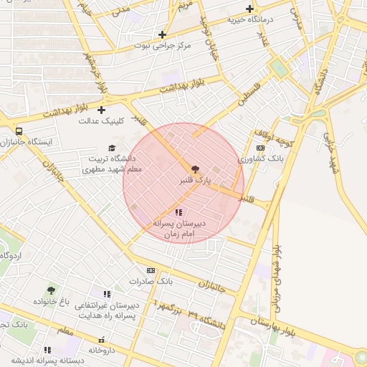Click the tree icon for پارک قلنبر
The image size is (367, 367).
tap(195, 168)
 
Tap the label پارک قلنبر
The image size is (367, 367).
tap(195, 182)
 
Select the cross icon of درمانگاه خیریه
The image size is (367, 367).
tap(249, 9)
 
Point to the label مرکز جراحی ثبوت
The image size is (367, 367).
tap(163, 46)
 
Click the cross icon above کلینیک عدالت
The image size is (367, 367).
tap(101, 110)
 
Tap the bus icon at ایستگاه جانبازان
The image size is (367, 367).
tap(18, 131)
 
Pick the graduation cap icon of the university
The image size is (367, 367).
tap(111, 147)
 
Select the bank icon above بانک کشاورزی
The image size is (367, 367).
tap(260, 148)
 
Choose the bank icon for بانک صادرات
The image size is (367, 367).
tap(151, 270)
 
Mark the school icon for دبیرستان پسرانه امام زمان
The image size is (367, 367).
tap(178, 213)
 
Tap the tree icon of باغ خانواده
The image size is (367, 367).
tap(50, 290)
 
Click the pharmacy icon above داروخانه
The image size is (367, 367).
tap(101, 340)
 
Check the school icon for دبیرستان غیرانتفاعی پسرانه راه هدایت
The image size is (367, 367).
tap(107, 294)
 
